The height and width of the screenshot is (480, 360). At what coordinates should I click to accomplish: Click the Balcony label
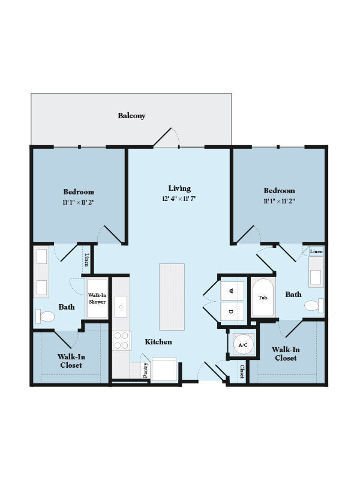[131, 116]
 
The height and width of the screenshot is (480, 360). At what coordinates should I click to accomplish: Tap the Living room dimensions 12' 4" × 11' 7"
[179, 199]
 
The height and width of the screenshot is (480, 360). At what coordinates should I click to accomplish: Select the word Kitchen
[158, 341]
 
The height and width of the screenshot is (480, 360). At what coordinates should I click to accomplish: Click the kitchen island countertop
[172, 296]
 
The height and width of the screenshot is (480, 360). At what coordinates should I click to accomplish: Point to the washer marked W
[232, 291]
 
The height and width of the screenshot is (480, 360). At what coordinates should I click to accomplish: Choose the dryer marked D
[232, 311]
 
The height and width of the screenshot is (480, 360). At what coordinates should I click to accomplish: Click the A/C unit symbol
[243, 345]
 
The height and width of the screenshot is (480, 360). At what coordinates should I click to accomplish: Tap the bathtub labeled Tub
[263, 298]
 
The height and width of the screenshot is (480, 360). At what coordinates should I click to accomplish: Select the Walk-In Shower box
[97, 298]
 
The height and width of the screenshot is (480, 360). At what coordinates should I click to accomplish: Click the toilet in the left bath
[44, 316]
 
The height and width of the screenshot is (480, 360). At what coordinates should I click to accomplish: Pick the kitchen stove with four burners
[122, 340]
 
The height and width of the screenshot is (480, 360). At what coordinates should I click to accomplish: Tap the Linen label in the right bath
[316, 251]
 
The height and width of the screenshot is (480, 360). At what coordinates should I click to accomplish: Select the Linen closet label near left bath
[87, 260]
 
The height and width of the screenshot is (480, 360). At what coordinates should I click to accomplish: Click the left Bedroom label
[79, 192]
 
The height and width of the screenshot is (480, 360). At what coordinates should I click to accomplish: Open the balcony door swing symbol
[167, 138]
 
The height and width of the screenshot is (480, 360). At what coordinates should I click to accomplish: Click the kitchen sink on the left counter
[121, 306]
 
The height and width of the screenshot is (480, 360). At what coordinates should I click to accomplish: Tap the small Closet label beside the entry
[242, 371]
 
